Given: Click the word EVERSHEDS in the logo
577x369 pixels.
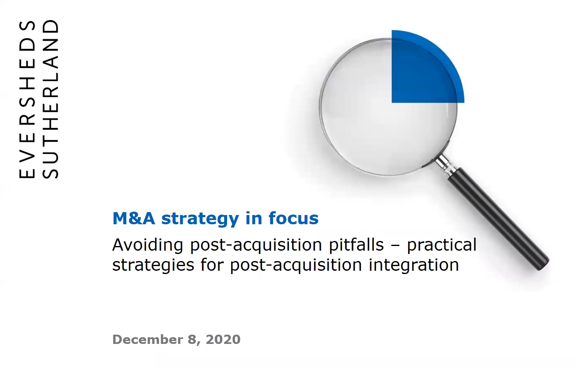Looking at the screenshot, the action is pyautogui.click(x=27, y=100).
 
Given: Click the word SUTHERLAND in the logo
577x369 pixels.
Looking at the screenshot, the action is pyautogui.click(x=50, y=99).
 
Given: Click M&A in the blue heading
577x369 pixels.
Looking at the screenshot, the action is pyautogui.click(x=134, y=218).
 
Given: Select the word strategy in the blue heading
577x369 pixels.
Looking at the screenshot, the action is pyautogui.click(x=200, y=220).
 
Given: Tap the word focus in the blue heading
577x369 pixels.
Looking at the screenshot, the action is pyautogui.click(x=294, y=218).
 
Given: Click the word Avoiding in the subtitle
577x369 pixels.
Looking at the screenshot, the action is pyautogui.click(x=148, y=245).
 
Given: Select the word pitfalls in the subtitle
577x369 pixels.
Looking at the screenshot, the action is pyautogui.click(x=356, y=245).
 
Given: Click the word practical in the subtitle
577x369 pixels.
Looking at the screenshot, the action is pyautogui.click(x=442, y=245).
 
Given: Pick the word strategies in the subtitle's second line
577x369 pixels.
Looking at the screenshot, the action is pyautogui.click(x=153, y=265).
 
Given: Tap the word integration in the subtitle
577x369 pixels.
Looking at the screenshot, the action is pyautogui.click(x=414, y=265).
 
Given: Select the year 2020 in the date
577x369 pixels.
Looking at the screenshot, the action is pyautogui.click(x=223, y=339).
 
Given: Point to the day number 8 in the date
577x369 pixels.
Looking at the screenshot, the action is pyautogui.click(x=192, y=340).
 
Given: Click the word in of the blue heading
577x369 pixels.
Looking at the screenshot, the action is pyautogui.click(x=254, y=218).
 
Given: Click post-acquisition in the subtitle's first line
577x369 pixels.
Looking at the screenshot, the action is pyautogui.click(x=256, y=245).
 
